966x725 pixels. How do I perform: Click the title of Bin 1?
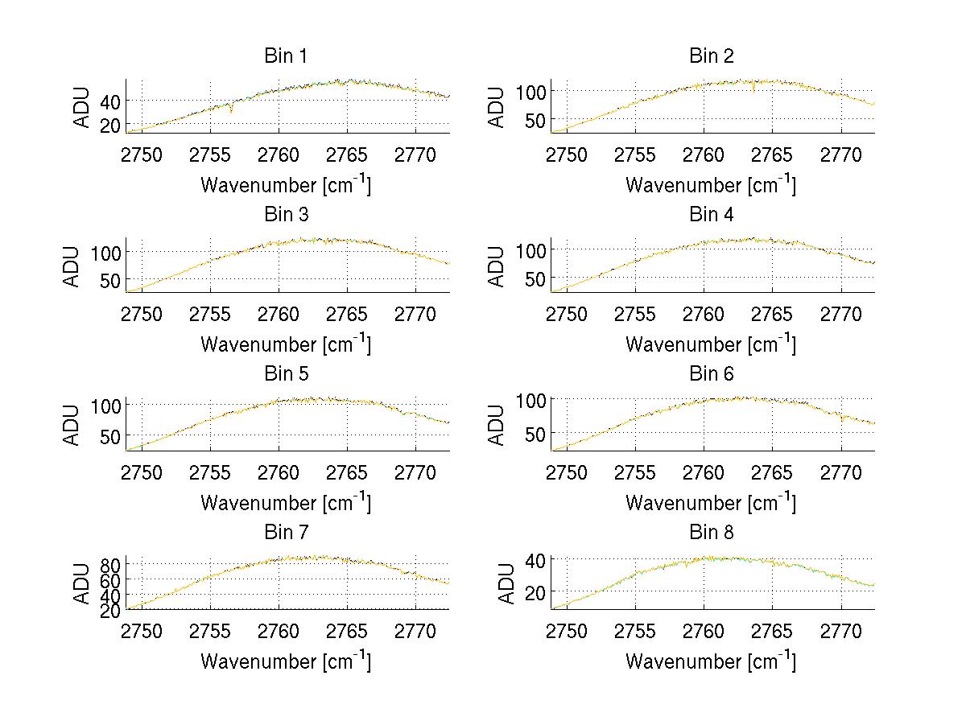(286, 56)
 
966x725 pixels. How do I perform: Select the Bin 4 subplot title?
(712, 215)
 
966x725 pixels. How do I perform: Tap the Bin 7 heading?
(286, 533)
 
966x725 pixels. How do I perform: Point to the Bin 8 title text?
(712, 533)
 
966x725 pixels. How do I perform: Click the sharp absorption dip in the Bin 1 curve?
(232, 109)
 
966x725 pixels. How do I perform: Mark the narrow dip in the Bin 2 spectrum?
(753, 88)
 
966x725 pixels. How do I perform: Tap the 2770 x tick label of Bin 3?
(415, 313)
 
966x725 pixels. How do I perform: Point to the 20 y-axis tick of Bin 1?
(111, 125)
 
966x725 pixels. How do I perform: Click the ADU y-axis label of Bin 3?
(73, 266)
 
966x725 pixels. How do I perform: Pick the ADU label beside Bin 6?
(498, 425)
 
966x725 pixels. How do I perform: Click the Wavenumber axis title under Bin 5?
(286, 502)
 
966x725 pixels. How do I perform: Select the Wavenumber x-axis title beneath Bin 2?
(710, 185)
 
